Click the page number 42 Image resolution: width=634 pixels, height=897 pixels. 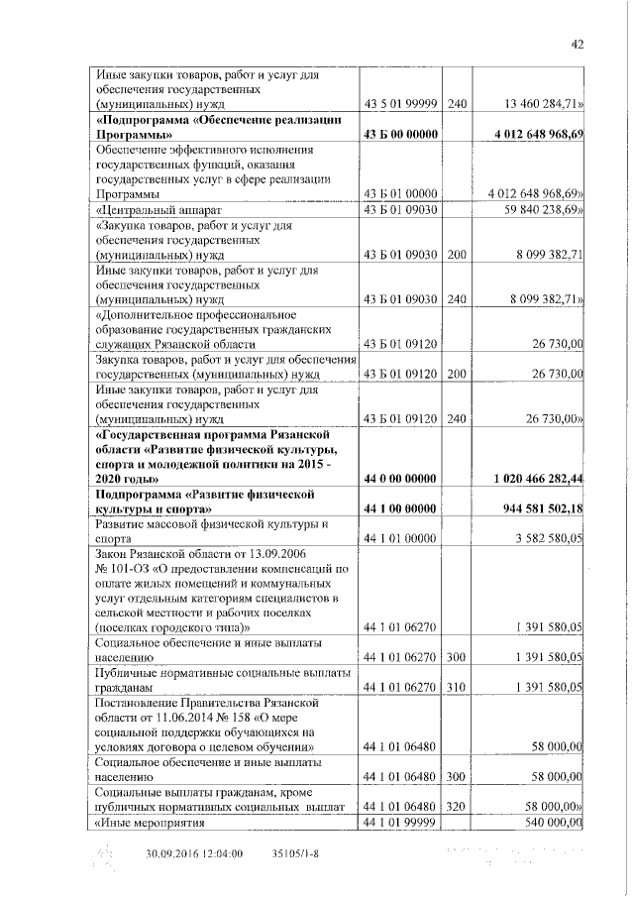coord(579,45)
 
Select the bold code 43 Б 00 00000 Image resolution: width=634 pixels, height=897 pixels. coord(399,134)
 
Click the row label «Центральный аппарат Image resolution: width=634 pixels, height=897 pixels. coord(158,210)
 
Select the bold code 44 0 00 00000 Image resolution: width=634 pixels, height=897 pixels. coord(399,479)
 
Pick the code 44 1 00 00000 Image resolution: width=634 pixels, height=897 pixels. coord(399,508)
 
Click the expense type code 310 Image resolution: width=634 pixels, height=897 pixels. coord(457,686)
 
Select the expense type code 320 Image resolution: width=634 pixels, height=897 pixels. coord(457,807)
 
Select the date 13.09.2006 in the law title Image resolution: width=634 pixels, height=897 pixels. coord(294,554)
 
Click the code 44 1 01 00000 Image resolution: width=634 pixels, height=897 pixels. coord(399,538)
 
